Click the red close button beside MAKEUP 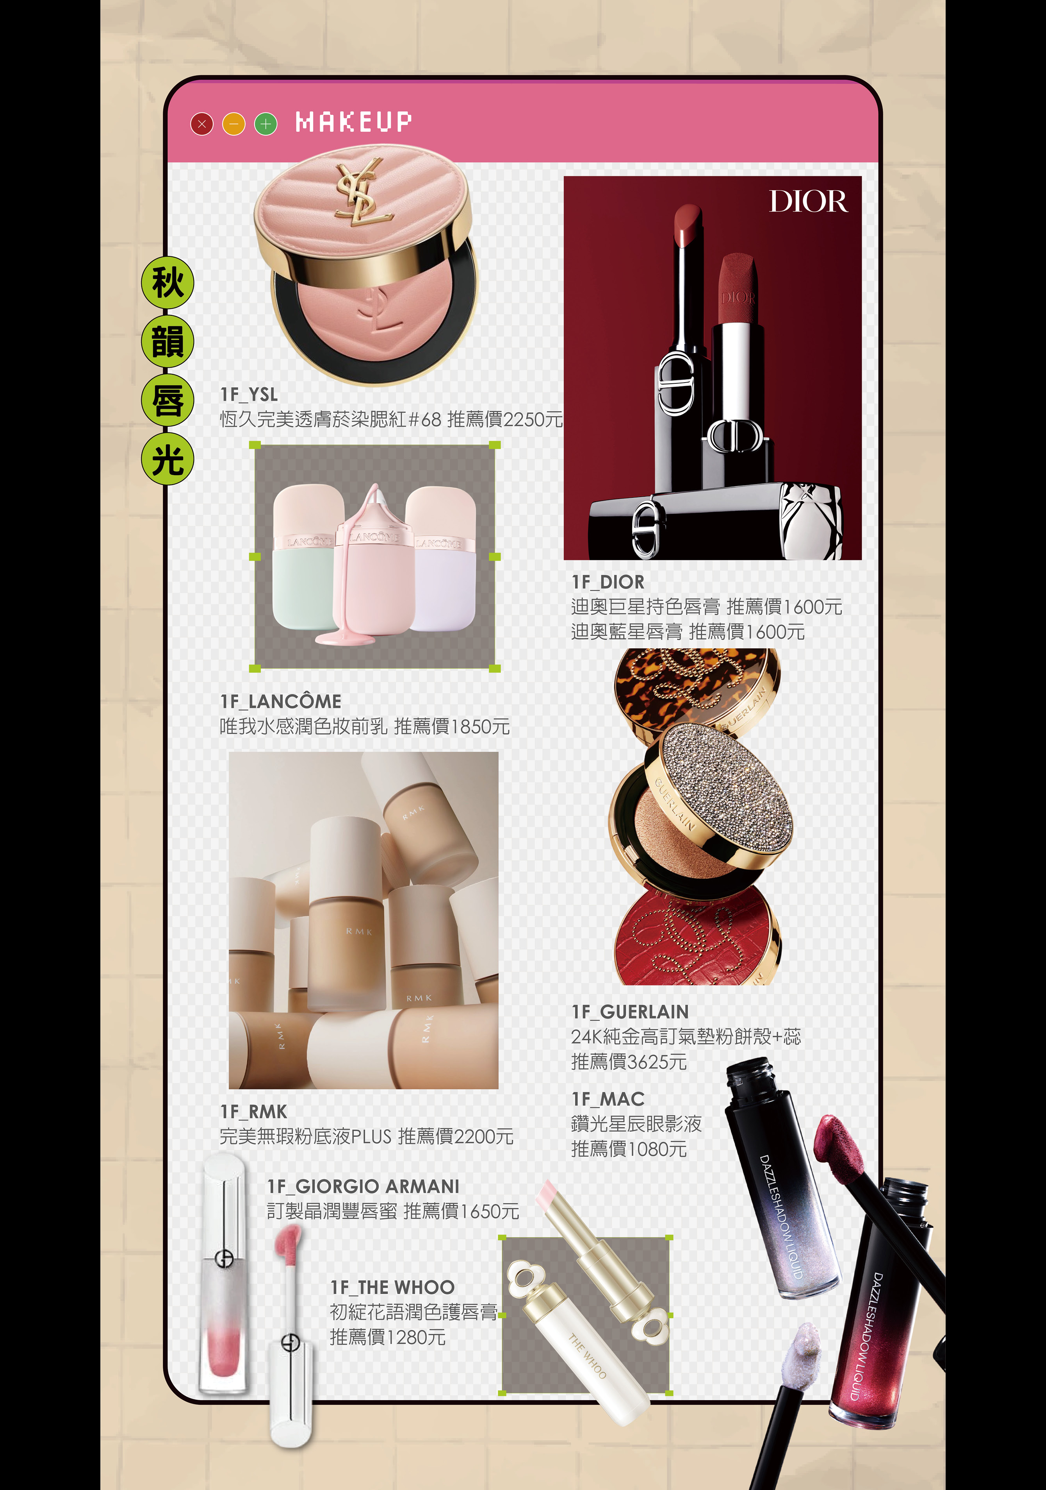[x=202, y=123]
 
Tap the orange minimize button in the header [x=233, y=123]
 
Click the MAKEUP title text [x=353, y=122]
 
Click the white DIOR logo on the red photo [x=808, y=201]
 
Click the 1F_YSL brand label [x=249, y=395]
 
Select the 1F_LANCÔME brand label [x=281, y=701]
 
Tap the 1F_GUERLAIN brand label [x=630, y=1012]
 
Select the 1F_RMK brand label [x=253, y=1112]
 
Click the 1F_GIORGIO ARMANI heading [x=363, y=1186]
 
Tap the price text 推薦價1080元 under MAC [x=628, y=1149]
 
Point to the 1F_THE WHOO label [x=392, y=1288]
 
